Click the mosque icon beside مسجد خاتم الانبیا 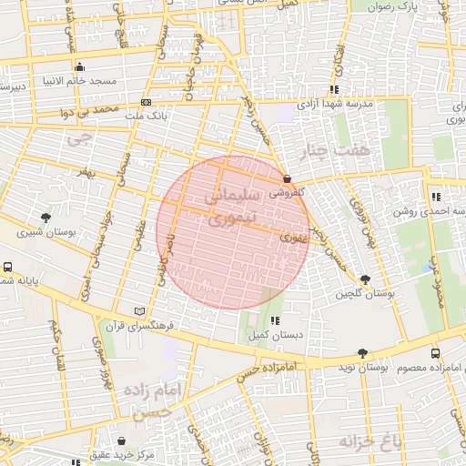(80, 66)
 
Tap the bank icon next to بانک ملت (147, 103)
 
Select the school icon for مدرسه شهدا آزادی (334, 89)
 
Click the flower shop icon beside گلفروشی (288, 178)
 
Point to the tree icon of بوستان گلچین (366, 279)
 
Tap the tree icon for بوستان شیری (46, 218)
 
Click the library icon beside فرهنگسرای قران (139, 310)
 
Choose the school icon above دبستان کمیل (274, 320)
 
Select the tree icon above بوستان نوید (363, 353)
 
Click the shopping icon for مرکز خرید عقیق (121, 441)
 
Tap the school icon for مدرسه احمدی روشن (437, 197)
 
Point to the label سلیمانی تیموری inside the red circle (231, 206)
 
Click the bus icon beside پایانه (7, 268)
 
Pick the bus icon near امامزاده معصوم (435, 353)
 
